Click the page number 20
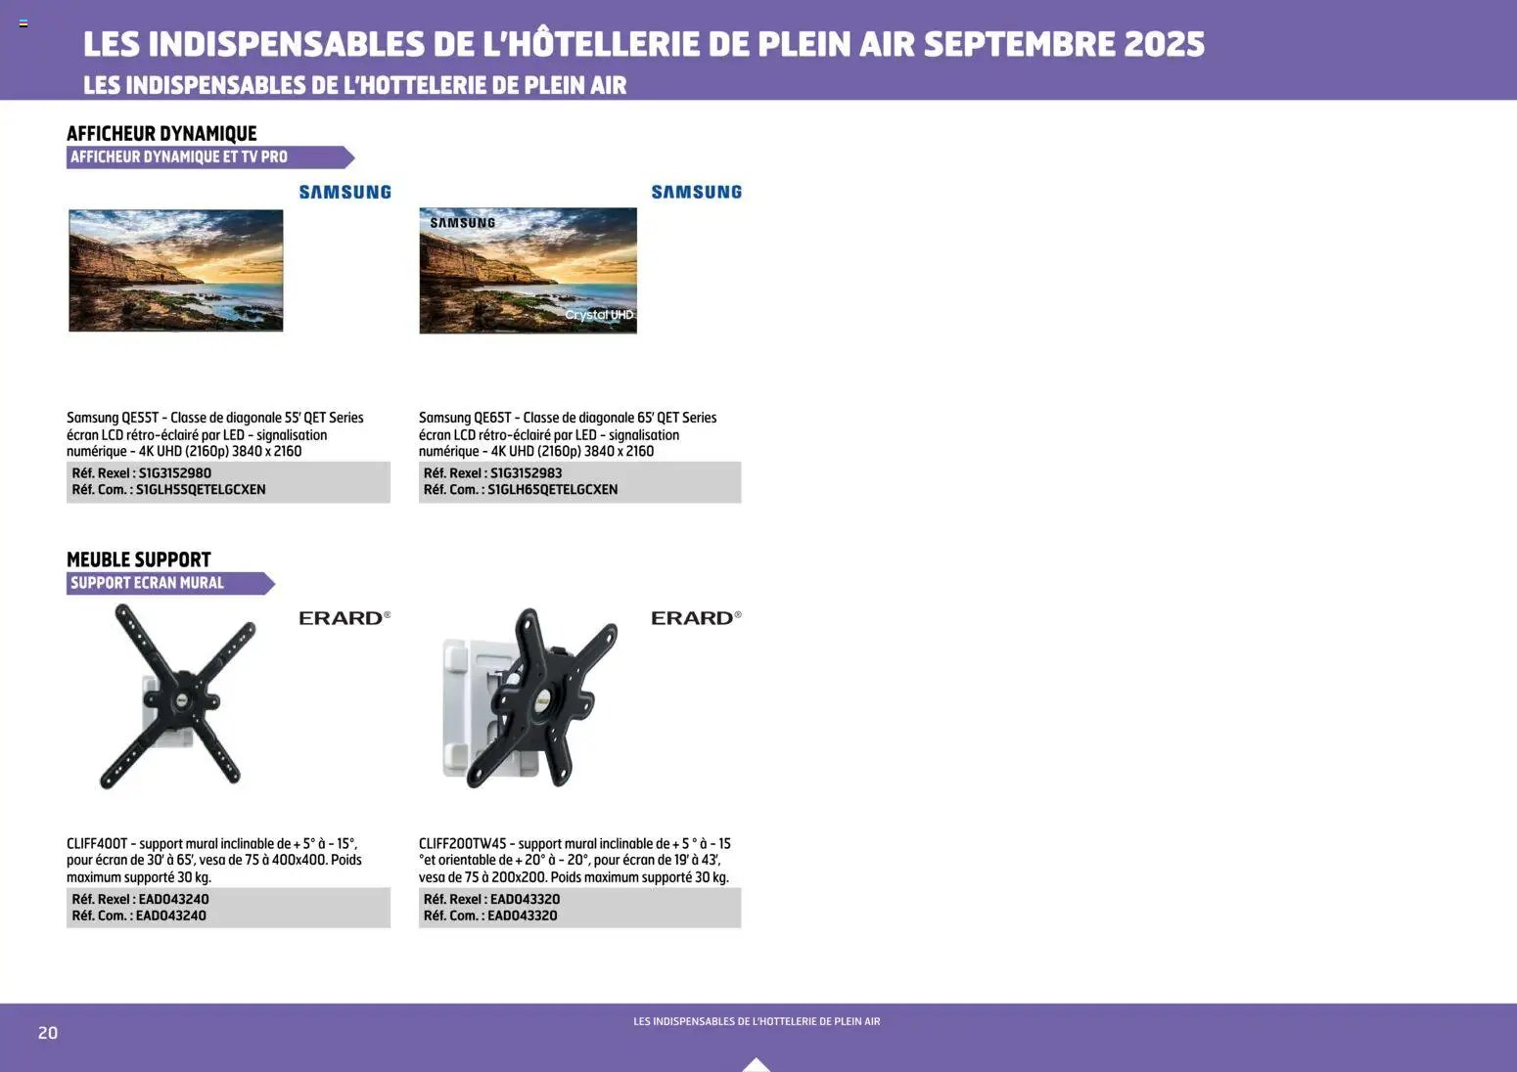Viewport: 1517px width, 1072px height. click(48, 1033)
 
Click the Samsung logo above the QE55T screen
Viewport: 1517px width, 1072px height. click(345, 193)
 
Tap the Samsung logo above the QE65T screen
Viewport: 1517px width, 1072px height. click(696, 193)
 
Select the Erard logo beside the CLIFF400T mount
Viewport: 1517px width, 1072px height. click(345, 618)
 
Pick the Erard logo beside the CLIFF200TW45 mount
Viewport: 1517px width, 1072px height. click(696, 618)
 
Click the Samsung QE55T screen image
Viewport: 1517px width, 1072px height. click(176, 271)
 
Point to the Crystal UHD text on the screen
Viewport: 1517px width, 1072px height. click(599, 315)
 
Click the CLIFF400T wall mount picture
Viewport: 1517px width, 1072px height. click(178, 696)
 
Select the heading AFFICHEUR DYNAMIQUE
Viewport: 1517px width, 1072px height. click(161, 134)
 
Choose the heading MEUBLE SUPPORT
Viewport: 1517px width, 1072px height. click(139, 559)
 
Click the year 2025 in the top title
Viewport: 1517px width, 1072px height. click(1164, 44)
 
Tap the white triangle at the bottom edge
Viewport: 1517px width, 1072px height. click(757, 1065)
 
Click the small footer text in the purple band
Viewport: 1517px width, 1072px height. click(757, 1021)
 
